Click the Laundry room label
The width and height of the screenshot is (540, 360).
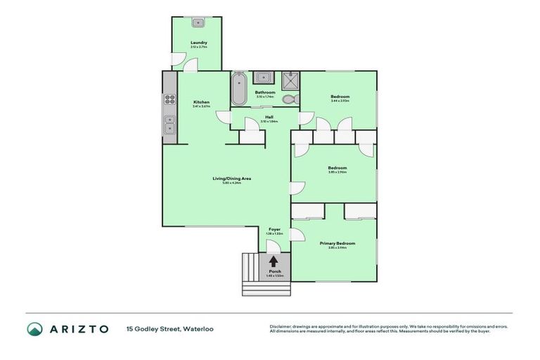(198, 43)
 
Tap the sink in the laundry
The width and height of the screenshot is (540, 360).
(198, 22)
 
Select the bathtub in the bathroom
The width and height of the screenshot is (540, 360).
(238, 89)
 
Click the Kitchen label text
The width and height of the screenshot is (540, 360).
(201, 103)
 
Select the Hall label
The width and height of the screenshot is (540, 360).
(269, 117)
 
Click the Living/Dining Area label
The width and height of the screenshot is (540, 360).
(232, 179)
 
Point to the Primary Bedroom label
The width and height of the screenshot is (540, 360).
(337, 243)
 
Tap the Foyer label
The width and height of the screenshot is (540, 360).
(274, 229)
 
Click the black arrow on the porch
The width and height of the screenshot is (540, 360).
(273, 261)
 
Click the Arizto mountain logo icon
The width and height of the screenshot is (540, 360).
(34, 328)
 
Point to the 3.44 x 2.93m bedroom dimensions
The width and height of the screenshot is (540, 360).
(340, 101)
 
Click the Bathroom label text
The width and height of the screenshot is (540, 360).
(265, 92)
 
